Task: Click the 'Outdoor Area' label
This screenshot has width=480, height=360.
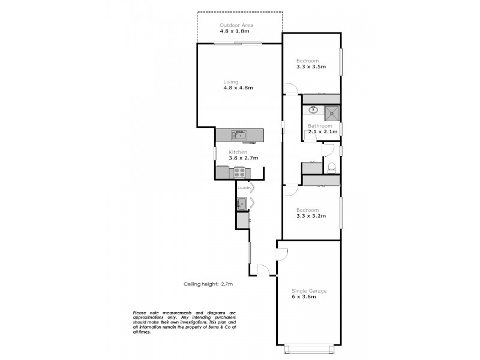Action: coord(236,25)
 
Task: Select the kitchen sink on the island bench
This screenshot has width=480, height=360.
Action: coord(239,136)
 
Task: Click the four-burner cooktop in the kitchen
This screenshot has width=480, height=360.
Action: coord(239,172)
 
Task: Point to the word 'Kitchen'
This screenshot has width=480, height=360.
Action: coord(238,152)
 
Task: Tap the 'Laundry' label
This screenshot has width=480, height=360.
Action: coord(244,188)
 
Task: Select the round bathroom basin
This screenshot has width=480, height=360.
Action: coord(313,110)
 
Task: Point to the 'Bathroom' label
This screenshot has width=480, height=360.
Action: coord(320,125)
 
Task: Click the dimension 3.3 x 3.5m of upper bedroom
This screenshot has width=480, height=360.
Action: coord(311,67)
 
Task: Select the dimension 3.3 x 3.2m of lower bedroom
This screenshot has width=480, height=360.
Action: coord(311,216)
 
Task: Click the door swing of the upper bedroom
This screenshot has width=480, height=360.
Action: coord(290,90)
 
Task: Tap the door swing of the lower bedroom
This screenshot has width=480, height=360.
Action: coord(290,190)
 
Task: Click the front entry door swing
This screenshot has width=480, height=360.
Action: coord(263,270)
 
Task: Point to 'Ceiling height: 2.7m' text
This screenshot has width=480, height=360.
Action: coord(208,284)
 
